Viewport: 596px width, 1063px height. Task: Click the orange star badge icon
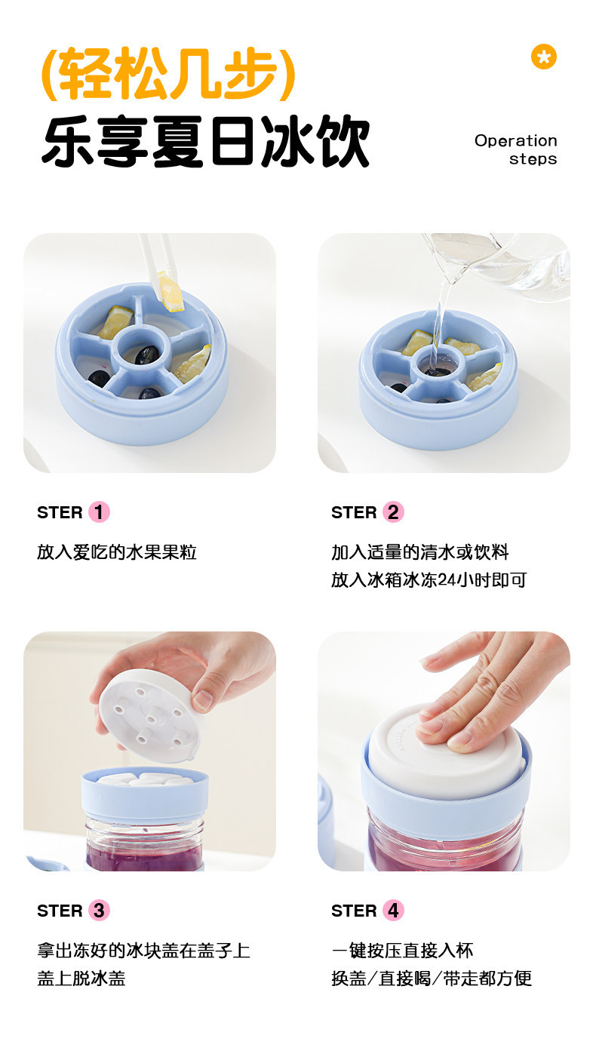[x=544, y=57]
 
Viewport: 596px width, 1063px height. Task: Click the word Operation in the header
[x=516, y=141]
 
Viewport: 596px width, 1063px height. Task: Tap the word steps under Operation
[x=533, y=159]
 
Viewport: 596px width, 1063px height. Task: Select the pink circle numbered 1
[x=99, y=512]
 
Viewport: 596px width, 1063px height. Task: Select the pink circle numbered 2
[x=393, y=512]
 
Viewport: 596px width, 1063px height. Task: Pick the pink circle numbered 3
[x=99, y=911]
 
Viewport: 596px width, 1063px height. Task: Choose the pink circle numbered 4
[x=393, y=911]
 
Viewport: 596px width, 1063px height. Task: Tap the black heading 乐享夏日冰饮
[x=206, y=141]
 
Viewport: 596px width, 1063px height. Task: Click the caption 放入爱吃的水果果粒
[x=117, y=552]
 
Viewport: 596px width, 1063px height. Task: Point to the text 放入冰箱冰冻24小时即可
[x=429, y=580]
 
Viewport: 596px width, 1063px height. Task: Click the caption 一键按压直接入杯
[x=402, y=951]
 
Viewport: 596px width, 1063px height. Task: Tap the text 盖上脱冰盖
[x=81, y=978]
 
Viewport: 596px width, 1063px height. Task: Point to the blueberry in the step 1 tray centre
[x=146, y=355]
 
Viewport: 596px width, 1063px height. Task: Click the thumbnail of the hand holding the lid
[x=149, y=751]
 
